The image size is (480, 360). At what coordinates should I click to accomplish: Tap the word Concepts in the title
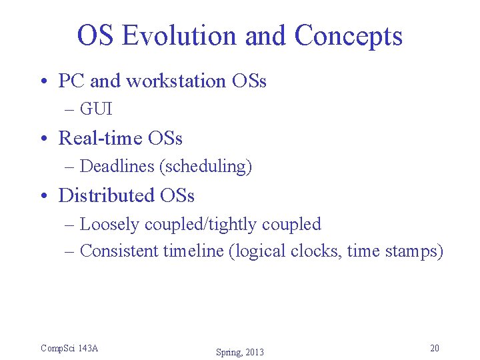(348, 35)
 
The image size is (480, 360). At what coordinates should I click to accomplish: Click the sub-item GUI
(96, 109)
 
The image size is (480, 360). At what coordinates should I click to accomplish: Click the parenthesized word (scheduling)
(205, 167)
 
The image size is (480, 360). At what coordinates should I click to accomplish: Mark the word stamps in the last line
(414, 251)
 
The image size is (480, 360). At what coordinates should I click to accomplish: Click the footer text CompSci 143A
(69, 348)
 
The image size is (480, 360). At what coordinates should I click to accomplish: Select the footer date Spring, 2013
(239, 352)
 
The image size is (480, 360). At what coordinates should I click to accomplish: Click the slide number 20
(435, 348)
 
